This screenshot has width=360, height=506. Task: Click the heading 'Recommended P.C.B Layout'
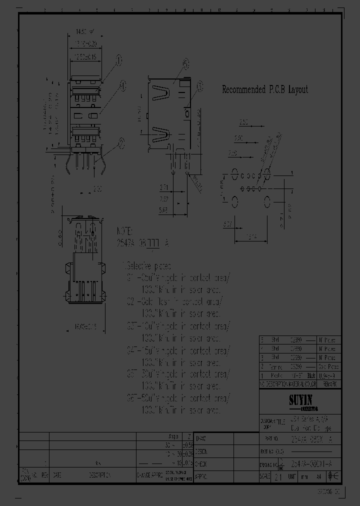(264, 90)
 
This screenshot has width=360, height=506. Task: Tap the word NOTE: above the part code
(124, 231)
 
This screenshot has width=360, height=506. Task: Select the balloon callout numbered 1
(118, 61)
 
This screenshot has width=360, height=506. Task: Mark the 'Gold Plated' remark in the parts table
(330, 366)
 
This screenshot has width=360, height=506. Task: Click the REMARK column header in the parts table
(330, 384)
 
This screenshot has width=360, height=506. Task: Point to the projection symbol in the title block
(280, 463)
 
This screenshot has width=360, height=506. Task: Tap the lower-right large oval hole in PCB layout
(267, 201)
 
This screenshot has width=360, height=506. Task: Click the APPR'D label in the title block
(200, 475)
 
